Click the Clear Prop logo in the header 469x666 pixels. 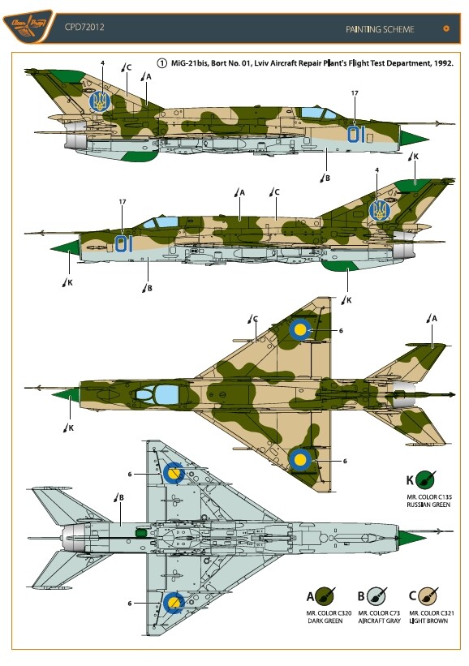(28, 28)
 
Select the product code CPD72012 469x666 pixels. (84, 28)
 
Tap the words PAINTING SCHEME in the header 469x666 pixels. (380, 29)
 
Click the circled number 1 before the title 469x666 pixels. (161, 63)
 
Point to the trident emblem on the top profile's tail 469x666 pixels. (100, 101)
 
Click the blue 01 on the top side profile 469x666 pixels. (356, 134)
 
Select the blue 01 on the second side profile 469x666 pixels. (124, 244)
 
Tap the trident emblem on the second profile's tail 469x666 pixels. (380, 210)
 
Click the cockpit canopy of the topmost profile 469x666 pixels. (318, 114)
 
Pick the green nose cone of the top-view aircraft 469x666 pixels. (65, 394)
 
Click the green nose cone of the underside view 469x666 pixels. (412, 538)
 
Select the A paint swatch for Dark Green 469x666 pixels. (325, 596)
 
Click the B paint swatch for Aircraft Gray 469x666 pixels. (376, 596)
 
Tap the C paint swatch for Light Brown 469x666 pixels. (428, 596)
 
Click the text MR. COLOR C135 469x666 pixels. (429, 497)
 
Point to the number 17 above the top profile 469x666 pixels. (355, 93)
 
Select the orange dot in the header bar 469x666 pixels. (446, 28)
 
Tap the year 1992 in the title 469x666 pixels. (444, 63)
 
